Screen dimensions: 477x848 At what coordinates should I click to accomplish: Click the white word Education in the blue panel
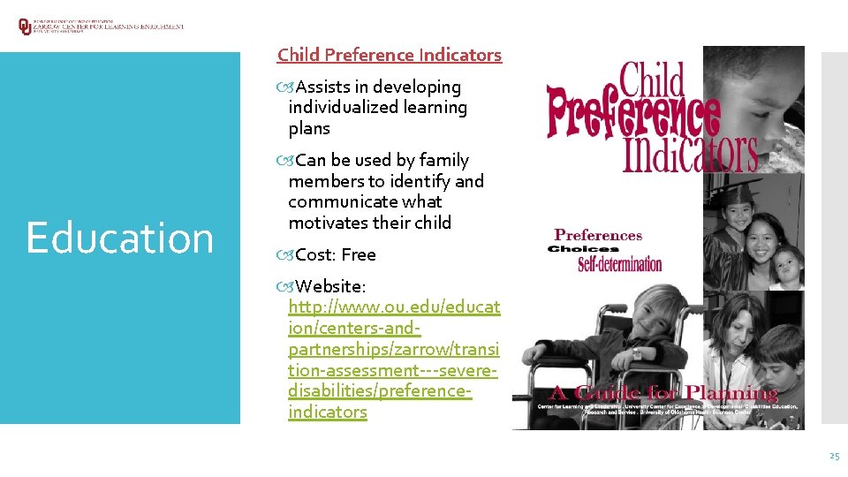pyautogui.click(x=119, y=238)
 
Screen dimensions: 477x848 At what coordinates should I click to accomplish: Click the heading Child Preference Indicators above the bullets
pyautogui.click(x=389, y=55)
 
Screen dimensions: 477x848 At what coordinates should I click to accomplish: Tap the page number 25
pyautogui.click(x=834, y=456)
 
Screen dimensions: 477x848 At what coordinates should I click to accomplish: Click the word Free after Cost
pyautogui.click(x=359, y=254)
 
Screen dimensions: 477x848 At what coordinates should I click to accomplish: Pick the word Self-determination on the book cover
pyautogui.click(x=619, y=264)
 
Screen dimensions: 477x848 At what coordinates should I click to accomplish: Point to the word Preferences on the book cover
pyautogui.click(x=598, y=235)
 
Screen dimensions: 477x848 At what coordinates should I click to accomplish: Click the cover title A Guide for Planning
pyautogui.click(x=664, y=392)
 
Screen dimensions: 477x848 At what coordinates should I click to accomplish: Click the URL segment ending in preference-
pyautogui.click(x=380, y=390)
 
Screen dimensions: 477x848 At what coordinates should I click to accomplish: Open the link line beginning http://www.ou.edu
pyautogui.click(x=394, y=307)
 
